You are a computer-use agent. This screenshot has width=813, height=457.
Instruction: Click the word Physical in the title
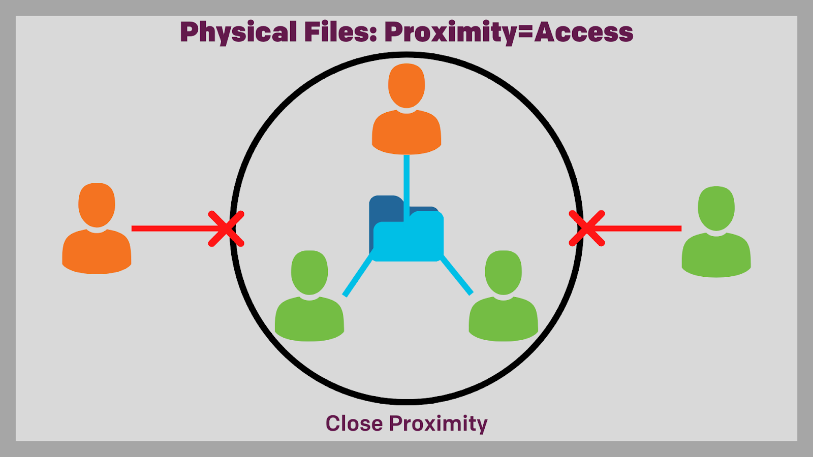click(x=238, y=32)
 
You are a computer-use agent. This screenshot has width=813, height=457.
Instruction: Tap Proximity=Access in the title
click(x=509, y=32)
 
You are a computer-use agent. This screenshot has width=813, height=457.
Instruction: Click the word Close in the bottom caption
click(x=354, y=423)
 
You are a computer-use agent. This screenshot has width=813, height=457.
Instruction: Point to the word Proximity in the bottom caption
click(x=438, y=423)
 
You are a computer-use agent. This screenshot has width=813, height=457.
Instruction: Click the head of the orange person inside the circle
click(x=407, y=85)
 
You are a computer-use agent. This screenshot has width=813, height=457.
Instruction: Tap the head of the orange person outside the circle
click(x=97, y=205)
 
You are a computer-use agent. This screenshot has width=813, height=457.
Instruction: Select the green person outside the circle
click(x=716, y=234)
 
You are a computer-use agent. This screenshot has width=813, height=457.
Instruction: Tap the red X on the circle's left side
click(x=226, y=228)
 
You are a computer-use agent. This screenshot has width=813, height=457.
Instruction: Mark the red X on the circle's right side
click(x=587, y=228)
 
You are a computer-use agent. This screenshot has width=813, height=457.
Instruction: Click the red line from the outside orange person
click(x=170, y=228)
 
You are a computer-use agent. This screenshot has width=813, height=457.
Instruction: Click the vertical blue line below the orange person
click(x=407, y=178)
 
